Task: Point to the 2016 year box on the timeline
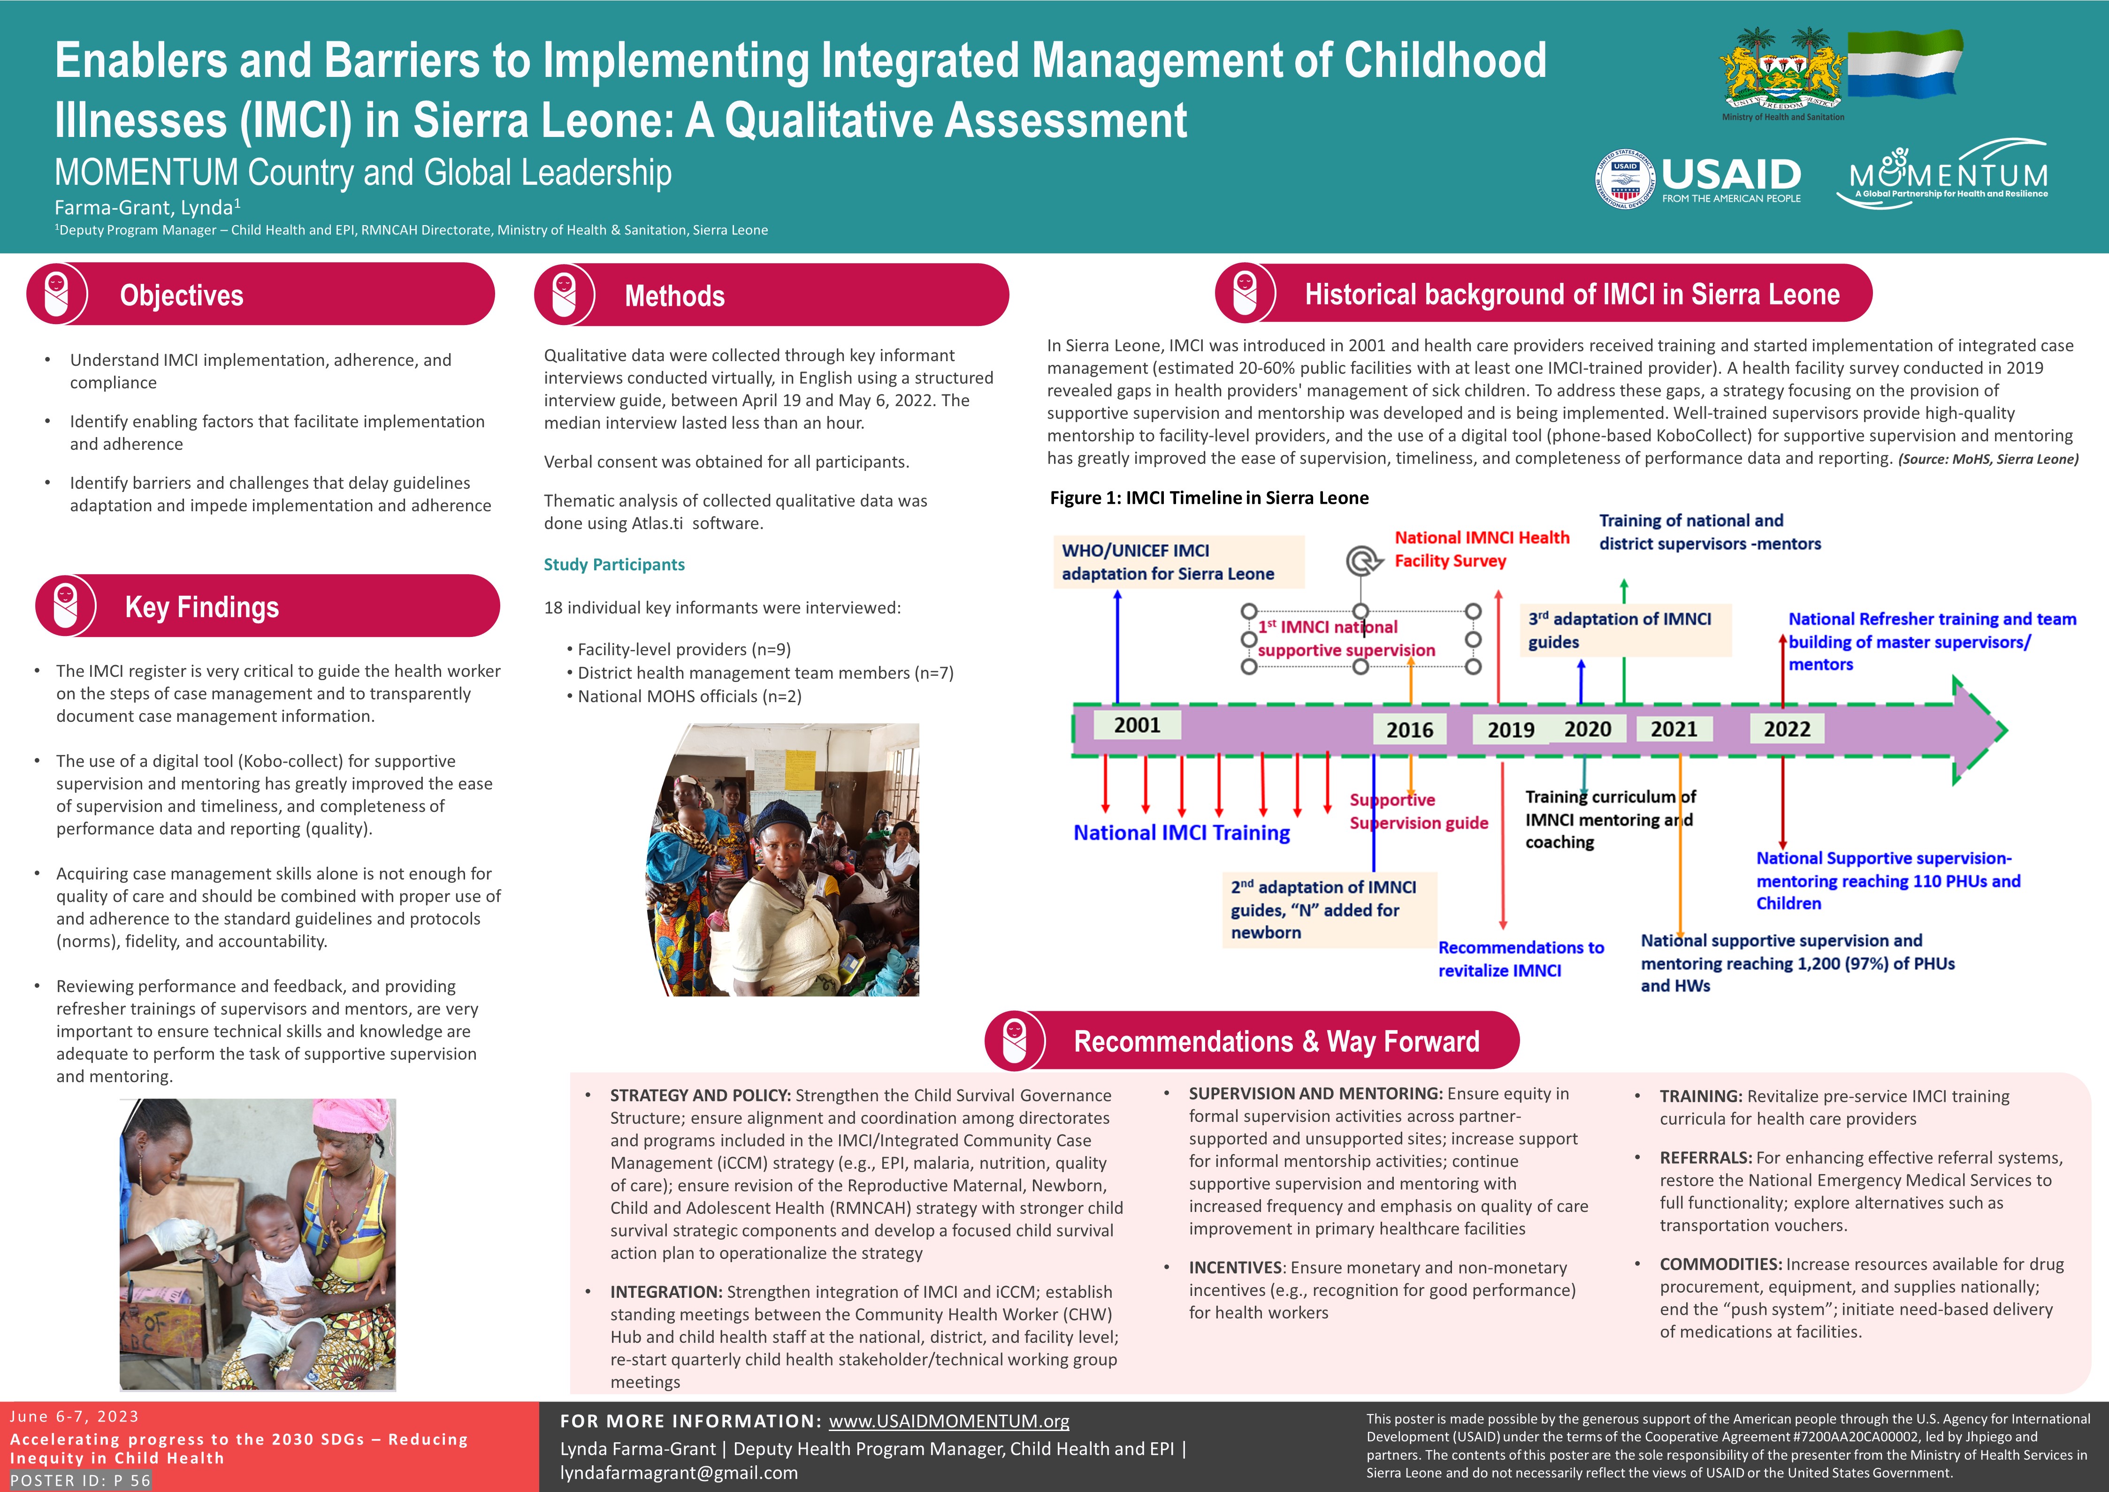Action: point(1410,729)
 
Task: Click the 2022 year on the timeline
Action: point(1787,729)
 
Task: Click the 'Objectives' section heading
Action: point(182,295)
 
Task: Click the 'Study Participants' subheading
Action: point(614,564)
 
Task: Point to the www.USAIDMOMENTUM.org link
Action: point(949,1421)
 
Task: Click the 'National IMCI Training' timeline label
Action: point(1182,833)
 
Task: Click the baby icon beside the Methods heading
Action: point(564,295)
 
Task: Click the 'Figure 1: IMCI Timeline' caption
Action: point(1209,498)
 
